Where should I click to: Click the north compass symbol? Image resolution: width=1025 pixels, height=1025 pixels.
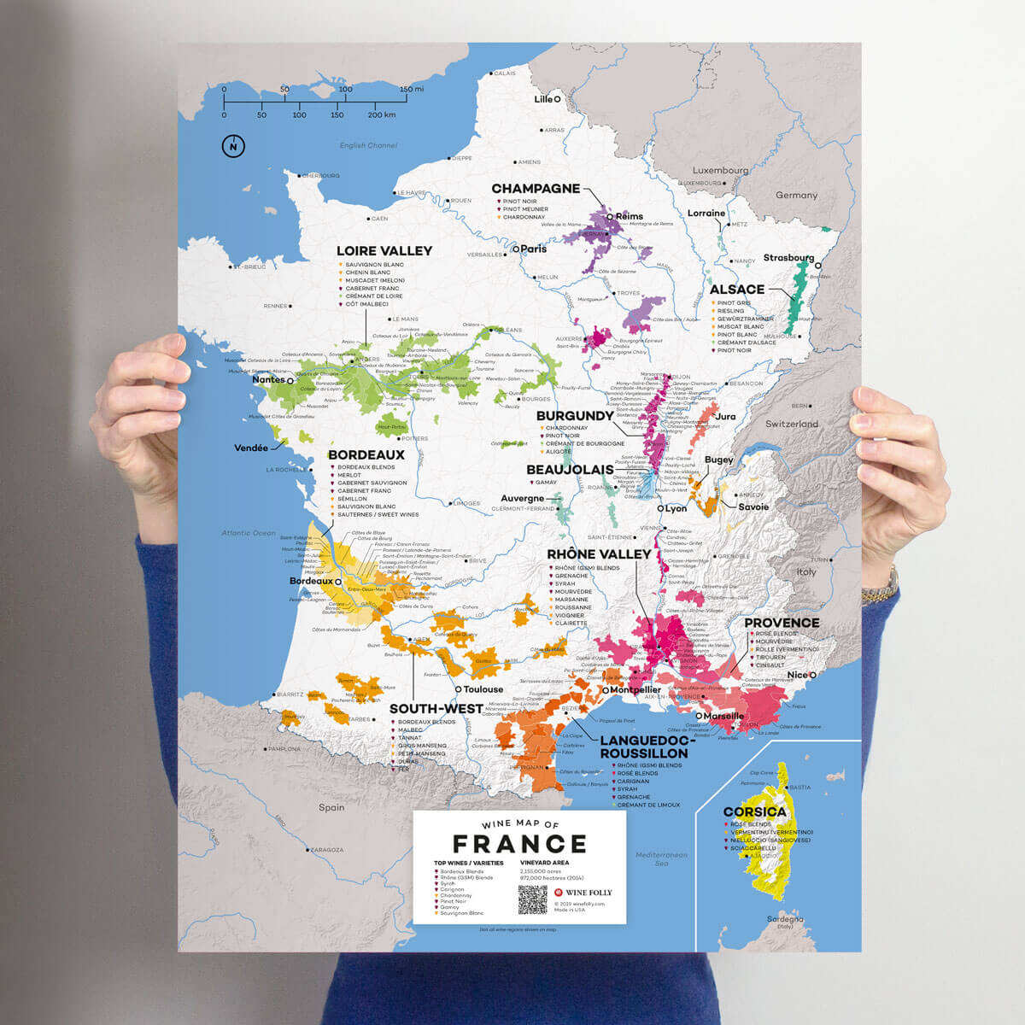[x=232, y=147]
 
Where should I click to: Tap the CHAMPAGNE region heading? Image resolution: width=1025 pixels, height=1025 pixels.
[x=536, y=188]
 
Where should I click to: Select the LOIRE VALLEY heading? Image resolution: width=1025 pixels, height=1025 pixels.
[x=384, y=251]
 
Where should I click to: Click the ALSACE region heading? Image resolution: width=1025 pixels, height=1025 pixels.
[x=736, y=290]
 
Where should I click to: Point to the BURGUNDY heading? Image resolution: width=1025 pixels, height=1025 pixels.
[x=575, y=416]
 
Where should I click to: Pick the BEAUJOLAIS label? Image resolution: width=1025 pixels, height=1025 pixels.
[x=570, y=470]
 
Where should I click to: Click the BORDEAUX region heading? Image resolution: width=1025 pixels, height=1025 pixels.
[x=366, y=455]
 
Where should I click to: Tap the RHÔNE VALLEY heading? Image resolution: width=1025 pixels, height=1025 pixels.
[x=599, y=554]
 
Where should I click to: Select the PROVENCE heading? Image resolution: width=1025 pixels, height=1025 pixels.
[x=782, y=623]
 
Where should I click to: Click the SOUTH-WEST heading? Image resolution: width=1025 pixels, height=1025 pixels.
[x=436, y=708]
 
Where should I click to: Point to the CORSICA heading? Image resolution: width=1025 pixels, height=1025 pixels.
[x=754, y=811]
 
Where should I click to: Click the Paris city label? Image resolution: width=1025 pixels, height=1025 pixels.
[x=533, y=249]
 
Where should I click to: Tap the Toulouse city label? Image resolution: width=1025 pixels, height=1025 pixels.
[x=483, y=689]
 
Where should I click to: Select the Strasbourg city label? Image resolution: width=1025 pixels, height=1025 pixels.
[x=788, y=258]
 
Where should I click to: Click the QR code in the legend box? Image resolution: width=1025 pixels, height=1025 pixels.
[x=531, y=899]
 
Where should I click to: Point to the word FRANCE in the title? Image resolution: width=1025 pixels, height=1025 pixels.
[x=519, y=844]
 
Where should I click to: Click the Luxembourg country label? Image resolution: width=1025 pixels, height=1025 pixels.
[x=720, y=170]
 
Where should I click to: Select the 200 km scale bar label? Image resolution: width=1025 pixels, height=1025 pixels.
[x=381, y=114]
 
